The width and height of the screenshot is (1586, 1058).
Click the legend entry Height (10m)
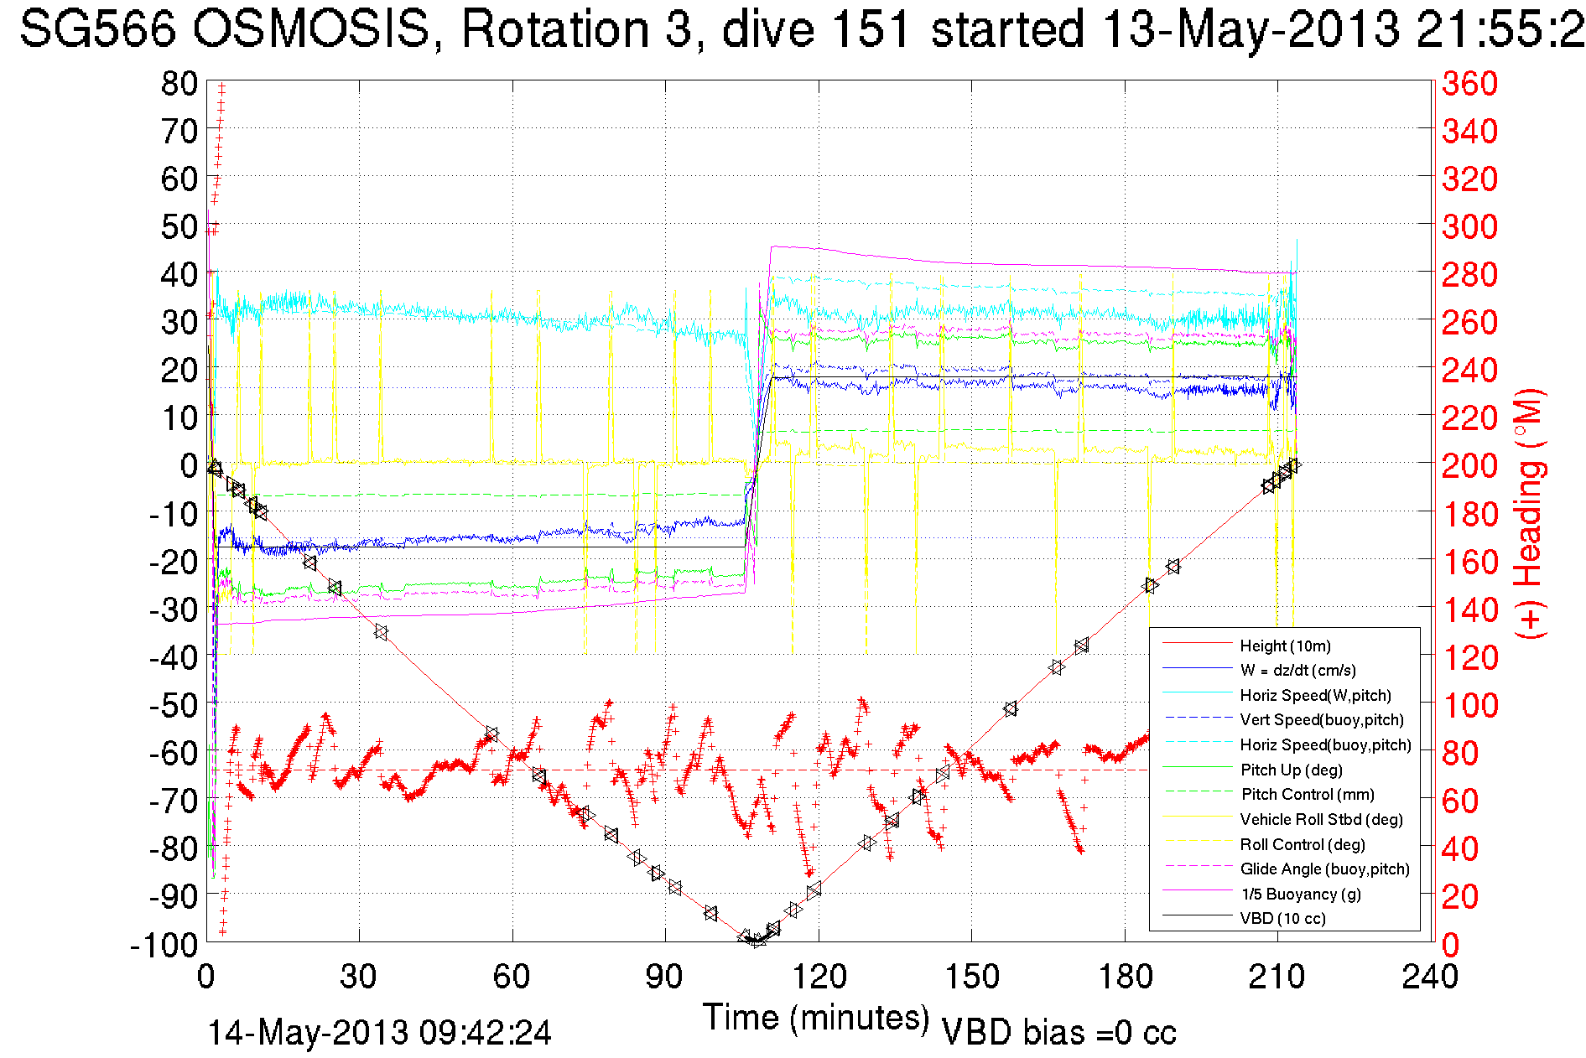tap(1285, 646)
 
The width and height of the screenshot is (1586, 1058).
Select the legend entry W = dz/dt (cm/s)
tap(1297, 670)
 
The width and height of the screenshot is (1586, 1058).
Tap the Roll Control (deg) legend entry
tap(1302, 844)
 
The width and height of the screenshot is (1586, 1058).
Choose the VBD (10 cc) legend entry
tap(1282, 918)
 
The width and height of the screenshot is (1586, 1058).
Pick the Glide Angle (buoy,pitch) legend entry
tap(1324, 869)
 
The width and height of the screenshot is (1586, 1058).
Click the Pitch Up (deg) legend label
tap(1291, 770)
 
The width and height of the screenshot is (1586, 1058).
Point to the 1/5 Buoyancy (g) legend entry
tap(1300, 894)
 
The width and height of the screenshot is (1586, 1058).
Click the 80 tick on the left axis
tap(179, 83)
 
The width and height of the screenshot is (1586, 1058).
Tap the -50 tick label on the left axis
tap(173, 705)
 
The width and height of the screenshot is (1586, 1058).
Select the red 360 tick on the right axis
tap(1469, 83)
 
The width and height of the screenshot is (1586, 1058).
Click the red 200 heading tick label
tap(1469, 465)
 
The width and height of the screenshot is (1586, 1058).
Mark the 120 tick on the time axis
tap(819, 977)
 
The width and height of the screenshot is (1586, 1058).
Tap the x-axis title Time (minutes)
tap(815, 1018)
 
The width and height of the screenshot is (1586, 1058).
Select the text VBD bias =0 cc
tap(1058, 1033)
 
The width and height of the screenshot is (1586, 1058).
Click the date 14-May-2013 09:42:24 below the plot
tap(379, 1033)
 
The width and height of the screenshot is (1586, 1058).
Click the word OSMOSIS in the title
tap(311, 29)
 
